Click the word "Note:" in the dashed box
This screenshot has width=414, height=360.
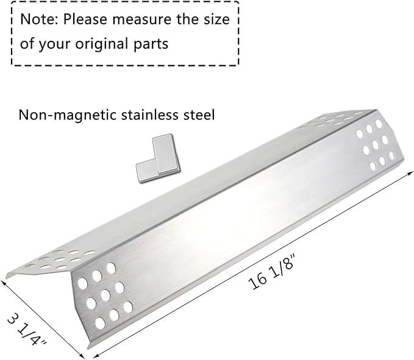click(39, 19)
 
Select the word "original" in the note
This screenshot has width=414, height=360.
click(102, 44)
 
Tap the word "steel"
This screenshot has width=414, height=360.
click(199, 115)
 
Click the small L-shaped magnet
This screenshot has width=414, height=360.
click(158, 158)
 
